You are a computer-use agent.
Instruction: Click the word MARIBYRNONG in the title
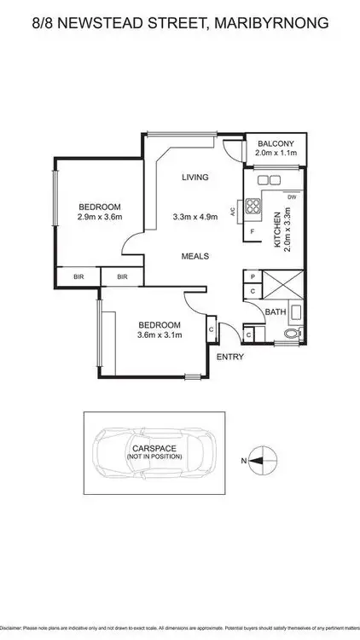pos(273,26)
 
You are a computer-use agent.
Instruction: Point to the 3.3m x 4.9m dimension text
pos(195,217)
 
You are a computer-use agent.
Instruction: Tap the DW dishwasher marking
pos(292,197)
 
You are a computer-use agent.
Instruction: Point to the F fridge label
pos(253,232)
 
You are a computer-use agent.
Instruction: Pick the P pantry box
pos(253,277)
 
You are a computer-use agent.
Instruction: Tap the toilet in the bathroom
pos(293,334)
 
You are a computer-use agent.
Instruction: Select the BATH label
pos(275,313)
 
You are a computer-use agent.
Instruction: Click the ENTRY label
pos(229,357)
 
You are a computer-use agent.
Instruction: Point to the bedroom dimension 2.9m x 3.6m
pos(100,217)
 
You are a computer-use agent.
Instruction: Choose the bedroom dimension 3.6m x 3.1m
pos(160,335)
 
